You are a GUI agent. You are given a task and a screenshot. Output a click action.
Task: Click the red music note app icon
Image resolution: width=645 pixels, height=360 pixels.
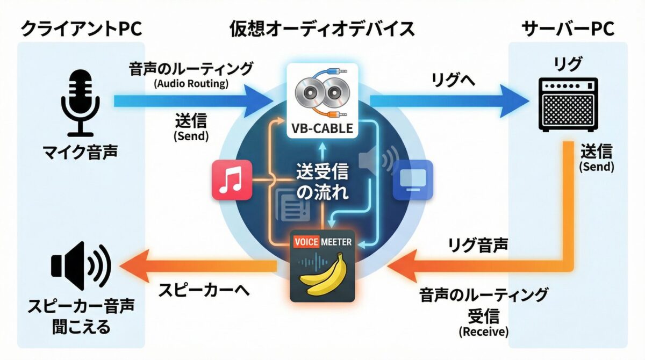coord(232,180)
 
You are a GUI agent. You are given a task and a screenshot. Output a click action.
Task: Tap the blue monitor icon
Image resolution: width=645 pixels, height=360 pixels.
coord(413,180)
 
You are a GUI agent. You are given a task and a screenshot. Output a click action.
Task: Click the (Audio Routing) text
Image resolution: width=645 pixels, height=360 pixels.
coord(191,84)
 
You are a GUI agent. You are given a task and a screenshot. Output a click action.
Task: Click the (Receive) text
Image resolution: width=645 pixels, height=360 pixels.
coord(483,332)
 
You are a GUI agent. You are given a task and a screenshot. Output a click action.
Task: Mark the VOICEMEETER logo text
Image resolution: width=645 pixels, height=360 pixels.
coord(322,242)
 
